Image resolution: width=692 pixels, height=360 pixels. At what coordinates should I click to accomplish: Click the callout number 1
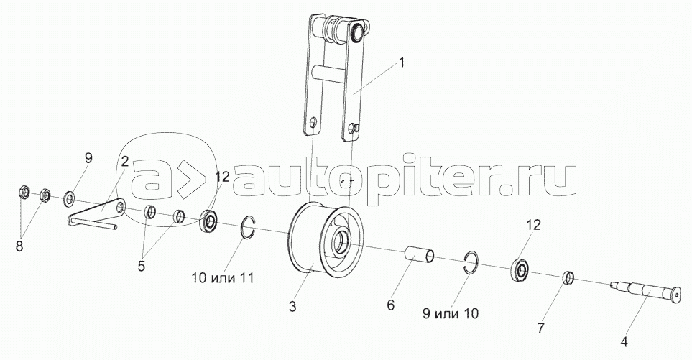(x=402, y=63)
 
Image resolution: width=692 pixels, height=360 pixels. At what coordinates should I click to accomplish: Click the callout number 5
(x=141, y=265)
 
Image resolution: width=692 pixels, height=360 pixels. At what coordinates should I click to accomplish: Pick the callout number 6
(x=390, y=305)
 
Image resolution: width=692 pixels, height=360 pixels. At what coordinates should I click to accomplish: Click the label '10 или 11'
(x=222, y=277)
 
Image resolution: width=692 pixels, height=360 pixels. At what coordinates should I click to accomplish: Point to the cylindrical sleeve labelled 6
(x=419, y=256)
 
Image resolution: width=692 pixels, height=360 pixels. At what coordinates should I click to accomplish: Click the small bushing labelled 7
(x=567, y=277)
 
